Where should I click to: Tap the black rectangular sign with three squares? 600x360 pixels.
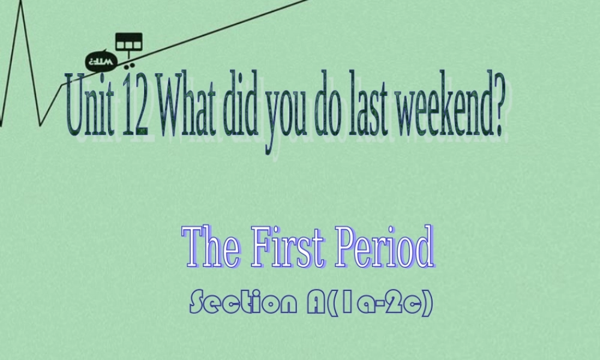coord(128,42)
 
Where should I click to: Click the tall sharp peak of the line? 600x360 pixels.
coord(22,7)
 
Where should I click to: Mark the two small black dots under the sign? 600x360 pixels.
coord(131,62)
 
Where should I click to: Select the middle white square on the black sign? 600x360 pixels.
coord(128,44)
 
